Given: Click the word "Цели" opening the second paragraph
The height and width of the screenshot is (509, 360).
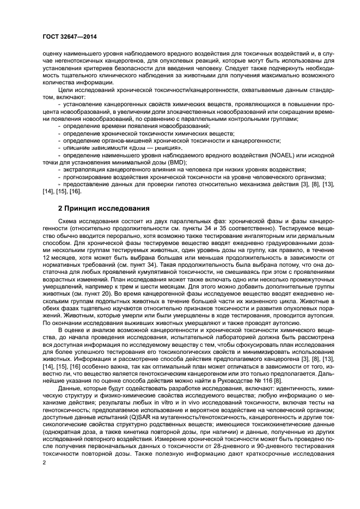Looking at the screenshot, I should (65, 90).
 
